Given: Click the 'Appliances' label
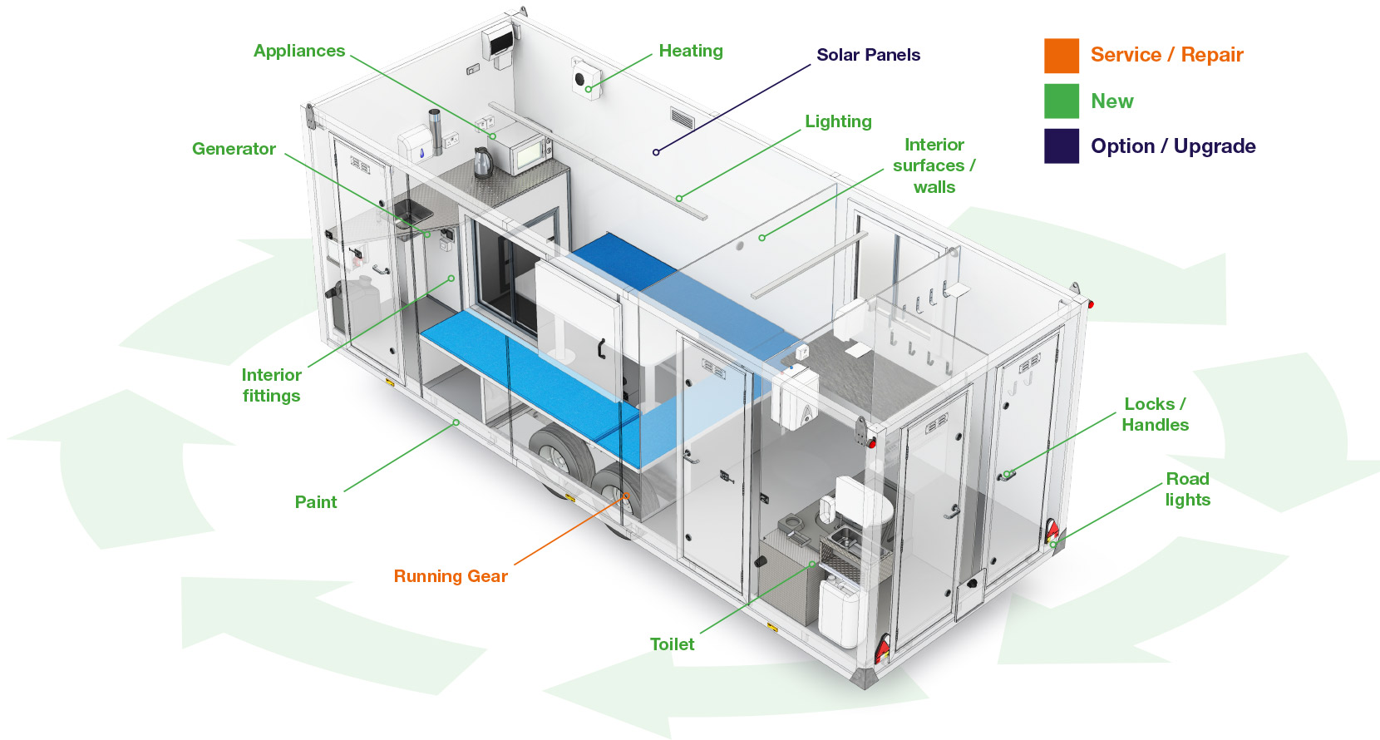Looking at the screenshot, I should (x=299, y=51).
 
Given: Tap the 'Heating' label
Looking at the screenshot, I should (x=690, y=51).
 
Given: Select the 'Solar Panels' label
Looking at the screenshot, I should (x=868, y=55).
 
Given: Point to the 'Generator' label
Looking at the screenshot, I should (x=234, y=149).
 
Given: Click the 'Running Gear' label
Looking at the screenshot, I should (x=451, y=576).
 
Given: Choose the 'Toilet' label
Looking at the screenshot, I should (x=672, y=644).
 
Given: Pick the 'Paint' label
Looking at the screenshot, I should (x=316, y=502).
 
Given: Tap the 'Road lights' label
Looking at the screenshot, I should (x=1187, y=489).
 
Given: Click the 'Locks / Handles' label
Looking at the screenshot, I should (x=1155, y=414).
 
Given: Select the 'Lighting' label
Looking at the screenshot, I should (x=838, y=121).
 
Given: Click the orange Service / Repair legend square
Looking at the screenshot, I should (x=1062, y=56).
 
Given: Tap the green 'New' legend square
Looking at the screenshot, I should (x=1062, y=101).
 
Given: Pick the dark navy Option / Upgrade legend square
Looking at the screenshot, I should (x=1062, y=146).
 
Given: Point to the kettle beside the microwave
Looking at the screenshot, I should (x=482, y=162).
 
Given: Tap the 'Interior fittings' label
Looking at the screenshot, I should (x=271, y=385).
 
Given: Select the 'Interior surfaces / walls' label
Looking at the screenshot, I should (x=934, y=165).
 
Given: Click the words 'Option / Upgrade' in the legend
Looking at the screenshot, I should (x=1173, y=146).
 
